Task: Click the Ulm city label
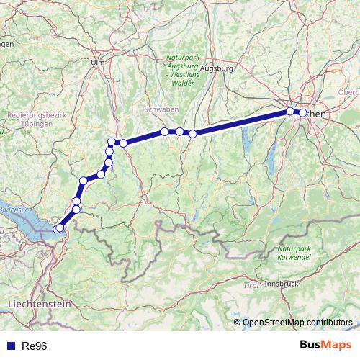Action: pos(98,63)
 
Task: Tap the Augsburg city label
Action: pos(217,69)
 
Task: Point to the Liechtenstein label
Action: pos(40,305)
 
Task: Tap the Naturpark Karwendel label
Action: pos(294,253)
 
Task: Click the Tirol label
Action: pos(251,286)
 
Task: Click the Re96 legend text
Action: pos(35,346)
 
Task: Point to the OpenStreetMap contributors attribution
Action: pos(294,323)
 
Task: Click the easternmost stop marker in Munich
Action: pos(302,113)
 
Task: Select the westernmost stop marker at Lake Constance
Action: pos(57,229)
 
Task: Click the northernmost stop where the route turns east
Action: pos(112,141)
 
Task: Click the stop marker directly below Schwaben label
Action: pos(165,131)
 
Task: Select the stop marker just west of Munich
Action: pos(290,111)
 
